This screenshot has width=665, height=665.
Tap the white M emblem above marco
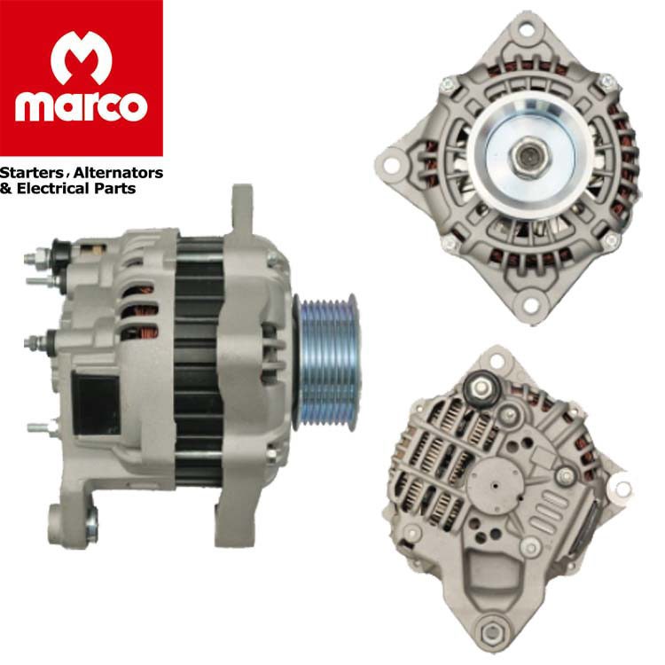[x=81, y=58]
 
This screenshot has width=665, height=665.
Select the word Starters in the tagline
[x=31, y=173]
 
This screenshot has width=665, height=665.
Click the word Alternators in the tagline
[x=118, y=173]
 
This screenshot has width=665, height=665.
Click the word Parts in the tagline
[x=114, y=188]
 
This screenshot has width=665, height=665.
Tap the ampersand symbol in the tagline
[x=6, y=188]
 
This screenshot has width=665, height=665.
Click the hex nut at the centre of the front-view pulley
[x=528, y=156]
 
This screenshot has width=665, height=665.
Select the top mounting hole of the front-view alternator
[x=527, y=29]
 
